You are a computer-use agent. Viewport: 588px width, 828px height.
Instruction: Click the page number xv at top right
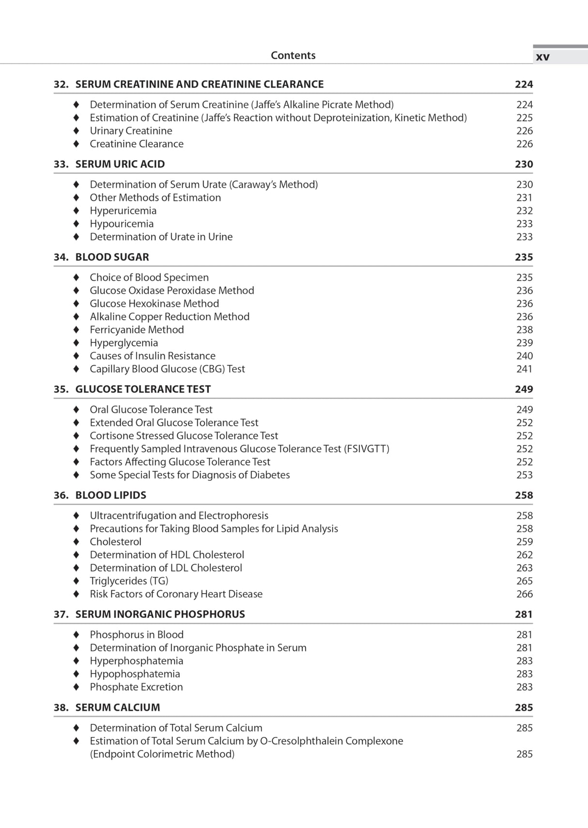click(542, 57)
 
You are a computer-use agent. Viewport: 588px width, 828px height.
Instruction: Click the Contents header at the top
click(293, 55)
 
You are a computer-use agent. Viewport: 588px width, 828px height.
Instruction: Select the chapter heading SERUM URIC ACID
click(120, 164)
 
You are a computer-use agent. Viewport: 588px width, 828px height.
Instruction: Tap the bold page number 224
click(524, 84)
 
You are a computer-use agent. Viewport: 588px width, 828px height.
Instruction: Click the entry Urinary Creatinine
click(131, 131)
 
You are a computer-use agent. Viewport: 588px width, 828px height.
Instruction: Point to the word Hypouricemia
click(122, 224)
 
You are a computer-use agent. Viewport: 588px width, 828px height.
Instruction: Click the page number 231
click(524, 198)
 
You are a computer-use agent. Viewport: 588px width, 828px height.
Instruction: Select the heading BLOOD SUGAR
click(112, 257)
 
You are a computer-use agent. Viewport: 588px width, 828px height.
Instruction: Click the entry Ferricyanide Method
click(137, 330)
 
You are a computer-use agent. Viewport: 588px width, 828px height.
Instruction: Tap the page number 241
click(524, 369)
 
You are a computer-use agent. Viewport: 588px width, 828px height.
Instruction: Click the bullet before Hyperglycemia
click(76, 343)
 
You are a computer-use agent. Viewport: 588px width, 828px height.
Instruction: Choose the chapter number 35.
click(61, 389)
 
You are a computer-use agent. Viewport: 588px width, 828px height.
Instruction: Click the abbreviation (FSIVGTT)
click(367, 449)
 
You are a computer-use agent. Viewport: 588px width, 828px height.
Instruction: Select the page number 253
click(524, 475)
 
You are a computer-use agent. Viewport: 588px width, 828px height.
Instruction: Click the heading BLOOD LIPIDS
click(110, 495)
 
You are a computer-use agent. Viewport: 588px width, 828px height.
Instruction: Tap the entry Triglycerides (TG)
click(129, 581)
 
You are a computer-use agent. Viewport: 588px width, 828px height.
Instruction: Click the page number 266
click(524, 594)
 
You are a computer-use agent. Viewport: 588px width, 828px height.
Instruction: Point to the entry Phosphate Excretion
click(136, 687)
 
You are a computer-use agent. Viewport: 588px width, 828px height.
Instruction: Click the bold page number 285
click(524, 707)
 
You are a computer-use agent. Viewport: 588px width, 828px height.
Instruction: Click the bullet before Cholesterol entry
click(76, 542)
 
